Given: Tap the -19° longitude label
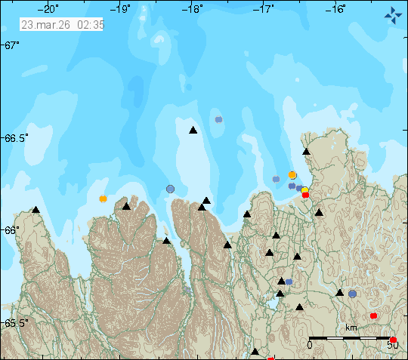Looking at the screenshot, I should point(122,9).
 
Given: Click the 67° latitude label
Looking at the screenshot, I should point(11,46).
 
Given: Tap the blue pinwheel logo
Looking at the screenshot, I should point(393,14).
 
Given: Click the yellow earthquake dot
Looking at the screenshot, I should point(304,191).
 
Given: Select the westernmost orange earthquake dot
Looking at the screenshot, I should point(103,199).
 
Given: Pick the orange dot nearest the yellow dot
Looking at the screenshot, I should point(292,175).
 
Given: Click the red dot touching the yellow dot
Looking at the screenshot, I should point(305,195).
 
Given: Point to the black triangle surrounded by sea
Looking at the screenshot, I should point(193,131).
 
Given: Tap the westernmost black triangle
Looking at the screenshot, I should point(36,210).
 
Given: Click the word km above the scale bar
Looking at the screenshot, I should point(351,328).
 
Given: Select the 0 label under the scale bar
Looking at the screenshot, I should point(309,345).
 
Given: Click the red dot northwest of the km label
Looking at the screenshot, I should point(373,315).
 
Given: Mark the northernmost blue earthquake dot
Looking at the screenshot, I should point(218,119).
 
